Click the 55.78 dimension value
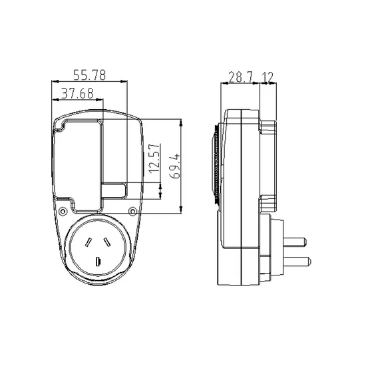coord(90,75)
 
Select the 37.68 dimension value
coord(77,93)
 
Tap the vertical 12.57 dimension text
coord(155,158)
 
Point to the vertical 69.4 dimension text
coord(175,166)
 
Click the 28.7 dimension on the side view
coord(241,77)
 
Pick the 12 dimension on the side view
coord(268,77)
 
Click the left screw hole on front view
coord(63,212)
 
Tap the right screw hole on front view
coord(132,212)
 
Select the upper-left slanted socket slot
coord(89,242)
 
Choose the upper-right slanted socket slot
coord(106,242)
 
